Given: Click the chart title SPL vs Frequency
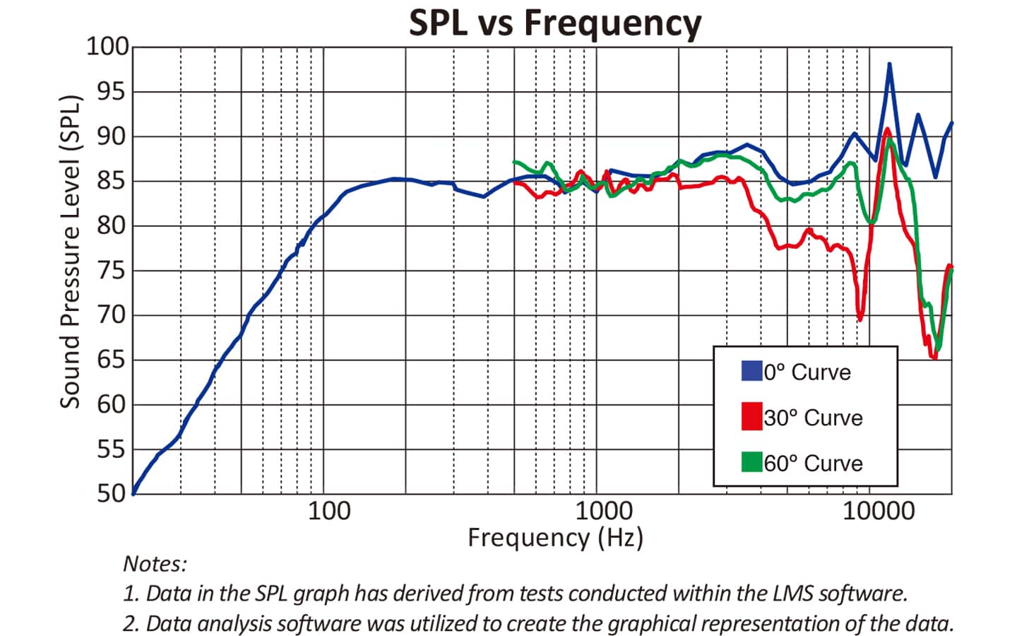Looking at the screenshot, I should click(x=555, y=23).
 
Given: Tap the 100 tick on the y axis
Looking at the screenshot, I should click(x=107, y=47).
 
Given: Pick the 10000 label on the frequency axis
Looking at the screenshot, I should click(x=879, y=511).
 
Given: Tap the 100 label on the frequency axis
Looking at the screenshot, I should click(x=328, y=511).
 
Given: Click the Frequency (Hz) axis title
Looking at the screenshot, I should click(x=555, y=538).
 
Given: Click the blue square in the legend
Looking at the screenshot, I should click(x=751, y=371).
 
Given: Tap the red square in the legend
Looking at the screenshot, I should click(x=751, y=416).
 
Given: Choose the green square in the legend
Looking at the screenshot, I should click(x=751, y=462).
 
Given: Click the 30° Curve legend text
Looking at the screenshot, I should click(x=813, y=418).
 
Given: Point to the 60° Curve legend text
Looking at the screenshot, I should click(x=813, y=464).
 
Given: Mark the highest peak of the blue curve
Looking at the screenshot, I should click(x=889, y=64).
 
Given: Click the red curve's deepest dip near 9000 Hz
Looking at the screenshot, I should click(x=860, y=319).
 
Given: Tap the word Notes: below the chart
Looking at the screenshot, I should click(x=155, y=564).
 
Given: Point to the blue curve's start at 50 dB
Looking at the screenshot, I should click(x=133, y=492).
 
